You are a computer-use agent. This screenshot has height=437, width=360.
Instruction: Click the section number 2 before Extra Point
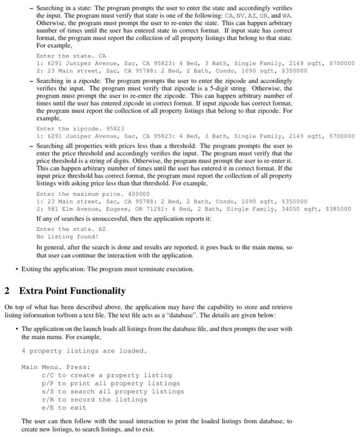click(7, 291)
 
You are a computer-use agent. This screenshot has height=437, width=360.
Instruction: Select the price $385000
click(338, 209)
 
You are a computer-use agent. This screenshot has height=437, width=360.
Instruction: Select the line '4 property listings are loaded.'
click(84, 350)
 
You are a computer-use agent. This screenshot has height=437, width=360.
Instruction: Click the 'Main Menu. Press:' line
click(56, 366)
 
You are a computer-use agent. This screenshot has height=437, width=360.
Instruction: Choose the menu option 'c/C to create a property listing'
click(106, 375)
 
